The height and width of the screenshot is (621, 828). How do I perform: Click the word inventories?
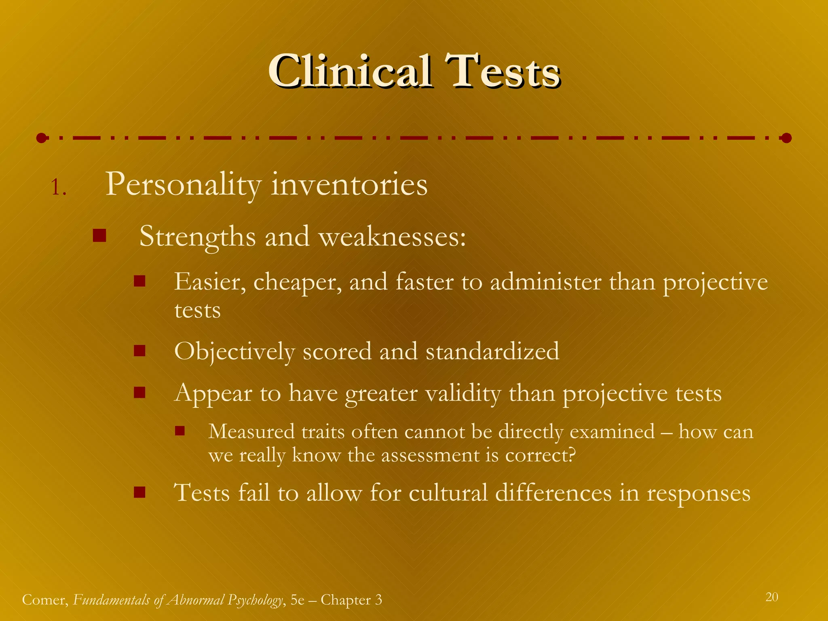tap(349, 184)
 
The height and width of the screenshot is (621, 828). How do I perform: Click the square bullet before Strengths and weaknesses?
tap(99, 236)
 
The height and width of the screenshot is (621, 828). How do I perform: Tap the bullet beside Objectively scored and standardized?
tap(139, 351)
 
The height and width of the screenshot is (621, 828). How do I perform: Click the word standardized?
tap(492, 351)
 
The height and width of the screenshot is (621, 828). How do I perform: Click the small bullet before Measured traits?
tap(180, 431)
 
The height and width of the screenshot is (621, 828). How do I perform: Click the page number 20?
tap(771, 597)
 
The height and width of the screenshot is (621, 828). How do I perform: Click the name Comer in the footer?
tap(44, 600)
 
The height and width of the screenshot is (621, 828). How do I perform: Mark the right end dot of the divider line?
tap(786, 138)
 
